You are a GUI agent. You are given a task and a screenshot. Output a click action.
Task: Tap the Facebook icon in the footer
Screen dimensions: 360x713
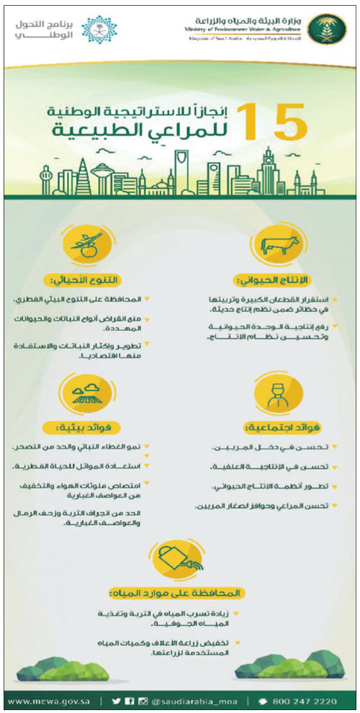(129, 700)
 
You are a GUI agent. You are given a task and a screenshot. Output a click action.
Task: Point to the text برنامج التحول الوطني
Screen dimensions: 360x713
(43, 29)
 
